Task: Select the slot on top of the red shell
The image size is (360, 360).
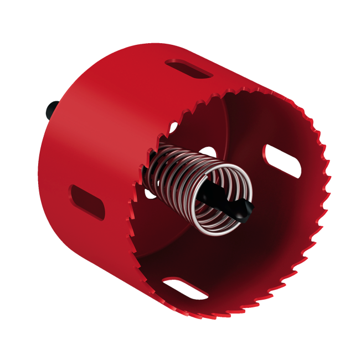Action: tap(189, 70)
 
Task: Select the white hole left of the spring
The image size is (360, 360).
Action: tap(151, 193)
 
